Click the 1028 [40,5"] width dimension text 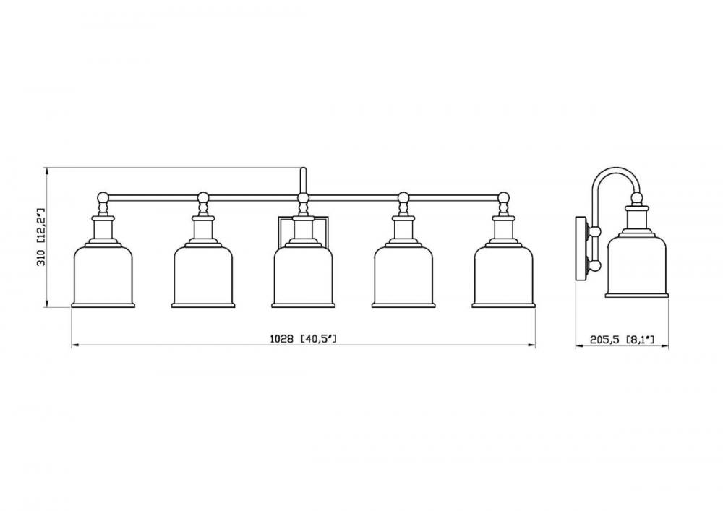point(303,339)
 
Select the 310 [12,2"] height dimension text point(41,237)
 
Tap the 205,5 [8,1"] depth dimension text point(622,340)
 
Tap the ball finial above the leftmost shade point(103,197)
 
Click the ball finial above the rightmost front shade point(503,197)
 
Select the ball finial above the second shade point(203,197)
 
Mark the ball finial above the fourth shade point(403,197)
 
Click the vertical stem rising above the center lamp point(303,180)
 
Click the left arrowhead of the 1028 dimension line point(74,345)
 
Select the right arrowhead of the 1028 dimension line point(531,345)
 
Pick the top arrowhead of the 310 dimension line point(46,171)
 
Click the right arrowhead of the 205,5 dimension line point(664,346)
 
